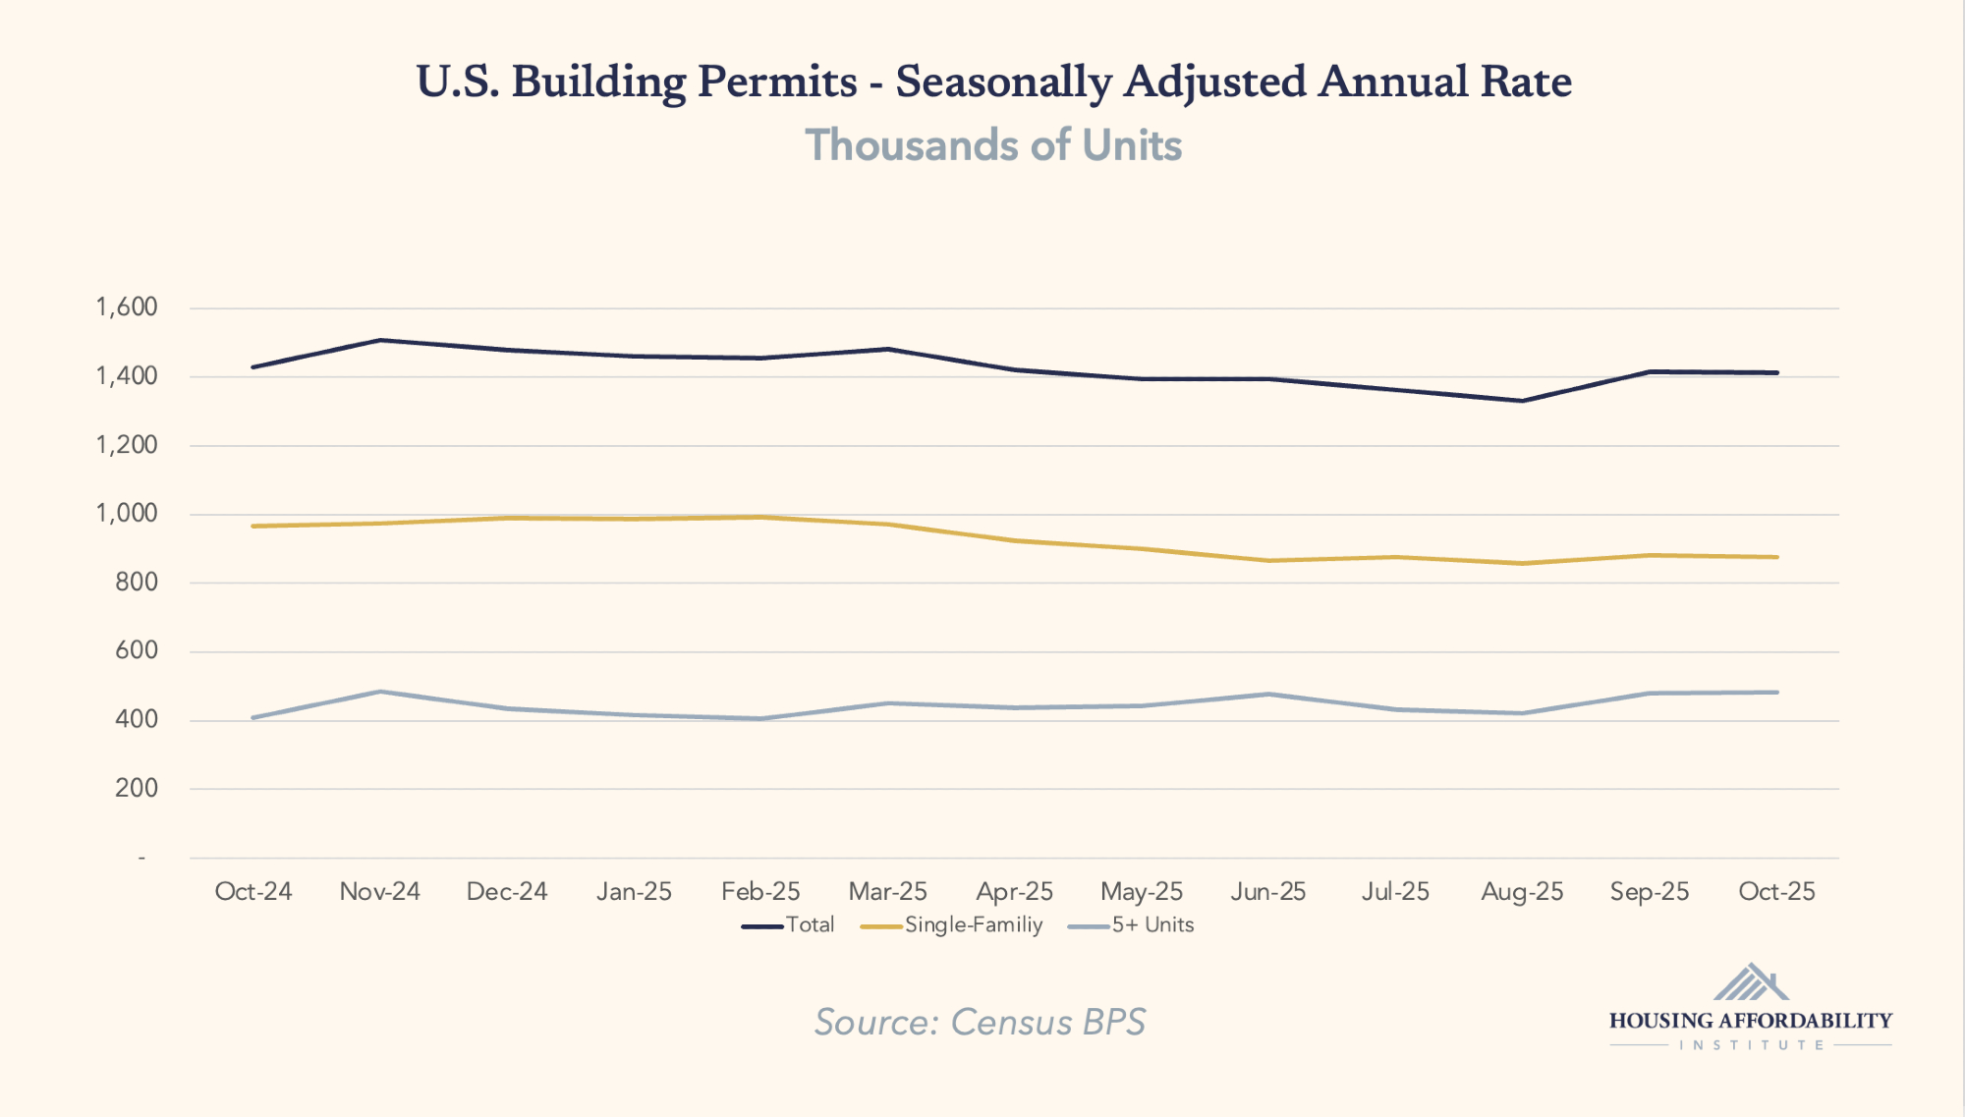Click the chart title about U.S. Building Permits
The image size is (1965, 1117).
click(x=993, y=82)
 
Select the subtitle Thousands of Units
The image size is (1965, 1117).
click(x=993, y=145)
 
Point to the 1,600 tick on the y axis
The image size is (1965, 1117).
click(x=127, y=307)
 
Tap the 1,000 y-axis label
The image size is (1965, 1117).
click(x=127, y=513)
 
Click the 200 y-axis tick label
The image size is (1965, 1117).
click(x=136, y=788)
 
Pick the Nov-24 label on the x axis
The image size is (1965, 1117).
click(x=379, y=891)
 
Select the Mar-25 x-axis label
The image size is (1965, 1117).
click(x=887, y=891)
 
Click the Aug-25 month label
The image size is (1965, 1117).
click(x=1522, y=891)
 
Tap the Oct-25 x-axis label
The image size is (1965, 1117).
click(x=1776, y=891)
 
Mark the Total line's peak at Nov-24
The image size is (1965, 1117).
click(x=380, y=340)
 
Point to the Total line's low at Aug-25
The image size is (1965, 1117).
click(x=1522, y=401)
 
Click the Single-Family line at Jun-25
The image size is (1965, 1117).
click(x=1268, y=560)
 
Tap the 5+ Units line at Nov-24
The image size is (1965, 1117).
click(x=380, y=692)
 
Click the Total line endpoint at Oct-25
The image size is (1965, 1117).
click(x=1776, y=372)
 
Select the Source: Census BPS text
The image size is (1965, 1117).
click(x=980, y=1022)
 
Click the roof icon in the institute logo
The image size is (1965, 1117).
click(x=1751, y=982)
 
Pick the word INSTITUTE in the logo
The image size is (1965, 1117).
click(x=1751, y=1045)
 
